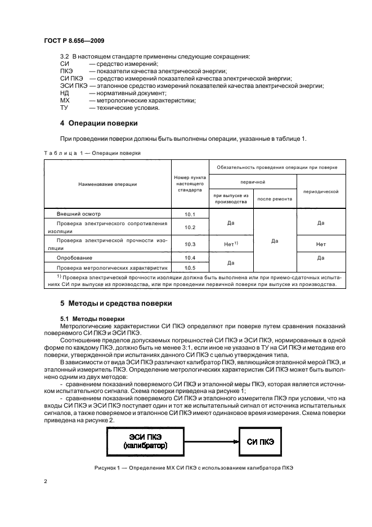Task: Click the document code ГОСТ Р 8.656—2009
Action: click(x=73, y=42)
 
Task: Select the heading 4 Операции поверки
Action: click(x=99, y=123)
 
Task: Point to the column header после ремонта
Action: click(x=275, y=199)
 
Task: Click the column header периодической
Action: click(x=321, y=191)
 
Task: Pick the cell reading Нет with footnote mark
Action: click(x=231, y=244)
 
